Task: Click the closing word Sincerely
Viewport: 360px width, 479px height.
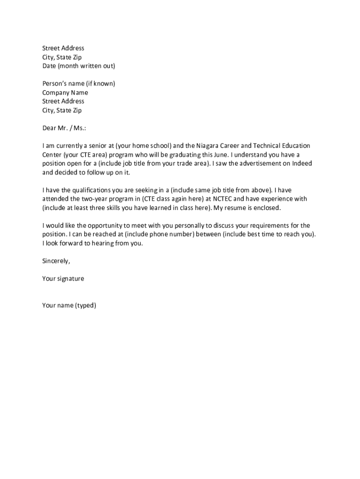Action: click(x=56, y=261)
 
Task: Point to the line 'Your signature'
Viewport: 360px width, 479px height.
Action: click(x=63, y=279)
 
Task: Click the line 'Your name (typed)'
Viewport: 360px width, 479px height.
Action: click(x=69, y=305)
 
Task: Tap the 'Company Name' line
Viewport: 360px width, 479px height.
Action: click(x=65, y=93)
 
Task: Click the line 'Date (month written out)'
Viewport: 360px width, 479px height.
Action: click(x=79, y=66)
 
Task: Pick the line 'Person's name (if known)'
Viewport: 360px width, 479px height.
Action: click(x=79, y=84)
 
